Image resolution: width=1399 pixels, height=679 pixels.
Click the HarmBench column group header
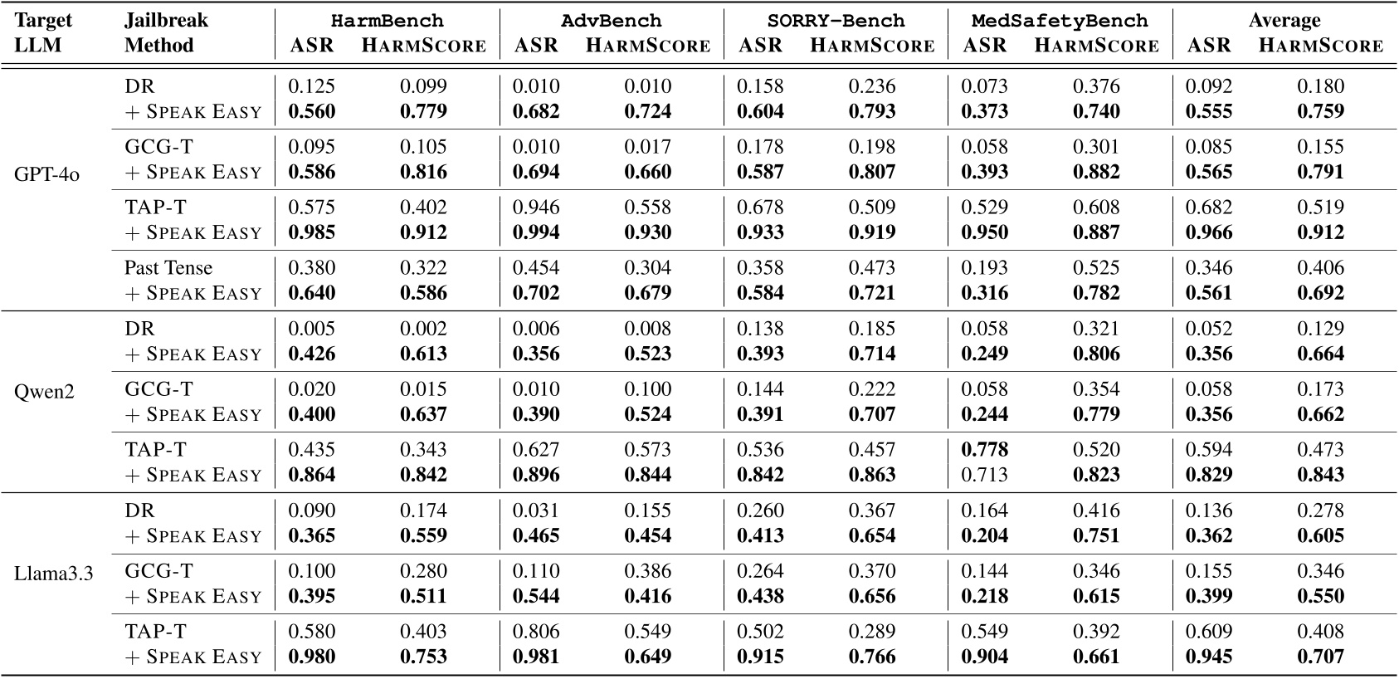pos(388,20)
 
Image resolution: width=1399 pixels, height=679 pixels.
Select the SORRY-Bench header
pos(836,20)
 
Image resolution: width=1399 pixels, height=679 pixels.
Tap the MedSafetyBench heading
pos(1060,20)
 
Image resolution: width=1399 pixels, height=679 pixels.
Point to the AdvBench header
pos(612,20)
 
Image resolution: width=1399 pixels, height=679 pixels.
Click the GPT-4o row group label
pos(47,176)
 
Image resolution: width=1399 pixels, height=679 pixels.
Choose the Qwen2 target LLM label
pos(44,390)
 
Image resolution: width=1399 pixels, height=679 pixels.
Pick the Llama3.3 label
pos(54,572)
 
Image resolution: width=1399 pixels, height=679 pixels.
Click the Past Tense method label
pos(168,267)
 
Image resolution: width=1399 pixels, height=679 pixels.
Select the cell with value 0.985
pos(312,232)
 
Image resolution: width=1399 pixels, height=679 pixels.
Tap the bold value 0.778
pos(985,450)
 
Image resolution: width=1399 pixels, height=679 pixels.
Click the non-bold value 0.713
pos(985,475)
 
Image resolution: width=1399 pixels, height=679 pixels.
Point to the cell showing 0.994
pos(536,232)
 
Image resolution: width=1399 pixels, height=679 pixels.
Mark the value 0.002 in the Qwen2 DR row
pos(423,329)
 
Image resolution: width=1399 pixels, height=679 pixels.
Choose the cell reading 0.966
pos(1209,232)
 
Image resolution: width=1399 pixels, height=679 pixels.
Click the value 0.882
pos(1096,172)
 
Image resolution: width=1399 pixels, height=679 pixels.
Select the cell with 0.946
pos(536,208)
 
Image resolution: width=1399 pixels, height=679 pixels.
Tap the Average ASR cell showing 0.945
pos(1209,657)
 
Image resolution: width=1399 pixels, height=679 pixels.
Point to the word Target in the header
pos(44,20)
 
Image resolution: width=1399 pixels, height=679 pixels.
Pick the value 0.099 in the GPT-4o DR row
pos(423,86)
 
